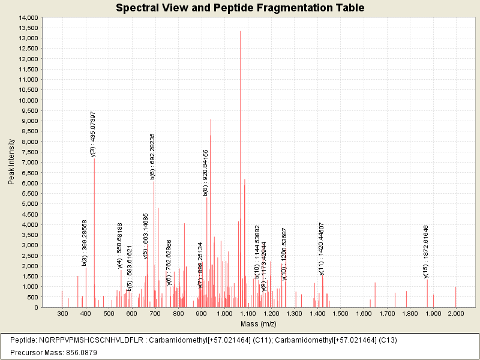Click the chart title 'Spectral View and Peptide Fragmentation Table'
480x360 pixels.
click(x=240, y=8)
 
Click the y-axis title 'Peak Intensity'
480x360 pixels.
click(x=11, y=162)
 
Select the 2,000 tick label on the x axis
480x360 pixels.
click(x=456, y=314)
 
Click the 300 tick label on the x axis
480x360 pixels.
click(x=62, y=314)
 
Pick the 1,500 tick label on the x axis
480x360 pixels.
click(x=340, y=314)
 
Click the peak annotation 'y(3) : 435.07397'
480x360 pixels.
click(x=93, y=134)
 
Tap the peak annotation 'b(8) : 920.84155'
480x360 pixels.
click(x=205, y=172)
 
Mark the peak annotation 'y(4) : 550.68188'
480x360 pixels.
click(x=120, y=245)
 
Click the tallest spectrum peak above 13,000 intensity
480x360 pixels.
click(x=240, y=120)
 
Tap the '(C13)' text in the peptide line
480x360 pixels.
click(x=388, y=340)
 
